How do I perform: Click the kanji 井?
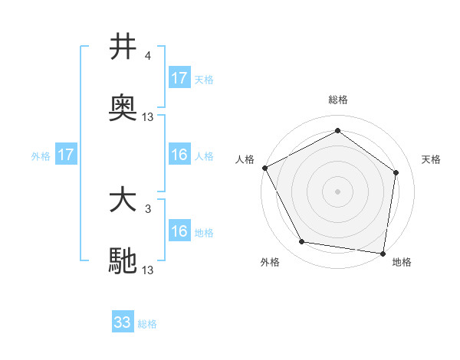click(x=123, y=47)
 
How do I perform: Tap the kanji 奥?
click(x=123, y=110)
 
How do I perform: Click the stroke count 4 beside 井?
click(x=148, y=55)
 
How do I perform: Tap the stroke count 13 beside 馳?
click(x=148, y=270)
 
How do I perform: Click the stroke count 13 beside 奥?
click(x=148, y=117)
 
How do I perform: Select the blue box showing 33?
click(x=123, y=322)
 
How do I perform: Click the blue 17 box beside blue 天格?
click(x=179, y=78)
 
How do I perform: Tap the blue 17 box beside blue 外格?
click(x=66, y=155)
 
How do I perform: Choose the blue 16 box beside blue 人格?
click(x=179, y=155)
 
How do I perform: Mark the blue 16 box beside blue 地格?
click(x=179, y=231)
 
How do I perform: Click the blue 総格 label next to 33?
click(x=147, y=324)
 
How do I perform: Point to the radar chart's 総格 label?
click(x=337, y=100)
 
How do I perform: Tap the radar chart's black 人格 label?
click(x=245, y=159)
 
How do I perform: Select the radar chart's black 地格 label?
click(x=402, y=263)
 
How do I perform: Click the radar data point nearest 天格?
click(x=396, y=172)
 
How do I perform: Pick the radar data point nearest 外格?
click(x=302, y=242)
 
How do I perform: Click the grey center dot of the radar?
click(x=337, y=191)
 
